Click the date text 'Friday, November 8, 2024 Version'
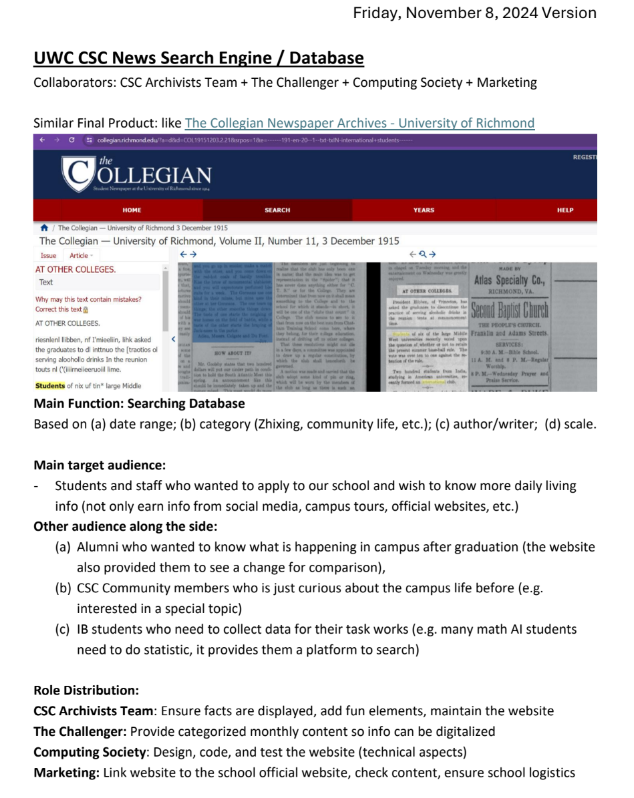[x=474, y=13]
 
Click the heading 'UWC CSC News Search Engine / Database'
[x=198, y=59]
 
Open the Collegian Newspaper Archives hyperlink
[x=359, y=123]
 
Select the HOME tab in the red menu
[x=132, y=210]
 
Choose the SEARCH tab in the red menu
[x=277, y=210]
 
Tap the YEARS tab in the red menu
[x=424, y=210]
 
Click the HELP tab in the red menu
[x=565, y=210]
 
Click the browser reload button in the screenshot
[x=71, y=140]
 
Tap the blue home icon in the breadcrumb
[x=44, y=228]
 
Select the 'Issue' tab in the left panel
[x=48, y=255]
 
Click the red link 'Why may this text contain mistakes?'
[x=88, y=300]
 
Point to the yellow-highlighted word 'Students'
[x=49, y=385]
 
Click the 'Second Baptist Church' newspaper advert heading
[x=510, y=311]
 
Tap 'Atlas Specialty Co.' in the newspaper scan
[x=510, y=281]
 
